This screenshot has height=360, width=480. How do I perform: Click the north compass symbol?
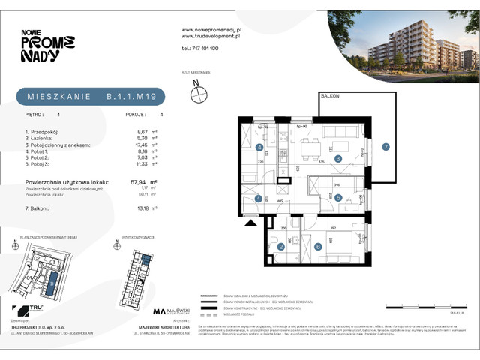coord(199,94)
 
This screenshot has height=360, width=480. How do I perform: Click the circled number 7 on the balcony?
coord(385,146)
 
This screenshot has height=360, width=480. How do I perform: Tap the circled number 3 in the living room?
coord(338,159)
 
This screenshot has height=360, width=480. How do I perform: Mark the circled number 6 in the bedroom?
coord(318,246)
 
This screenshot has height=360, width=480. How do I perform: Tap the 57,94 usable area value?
coord(137,182)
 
